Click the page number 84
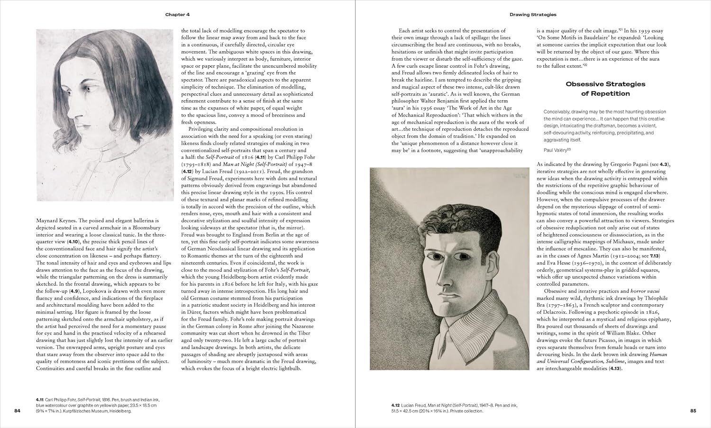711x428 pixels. [x=18, y=410]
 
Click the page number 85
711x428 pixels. [x=693, y=410]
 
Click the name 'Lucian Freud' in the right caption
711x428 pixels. [x=415, y=405]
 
